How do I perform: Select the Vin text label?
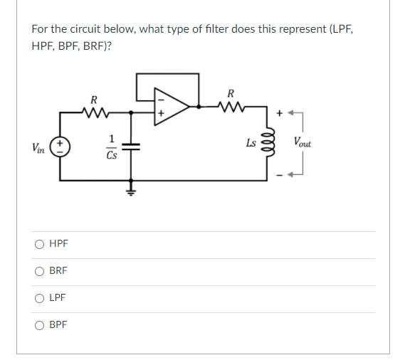(x=40, y=147)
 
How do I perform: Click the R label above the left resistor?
(x=94, y=98)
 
